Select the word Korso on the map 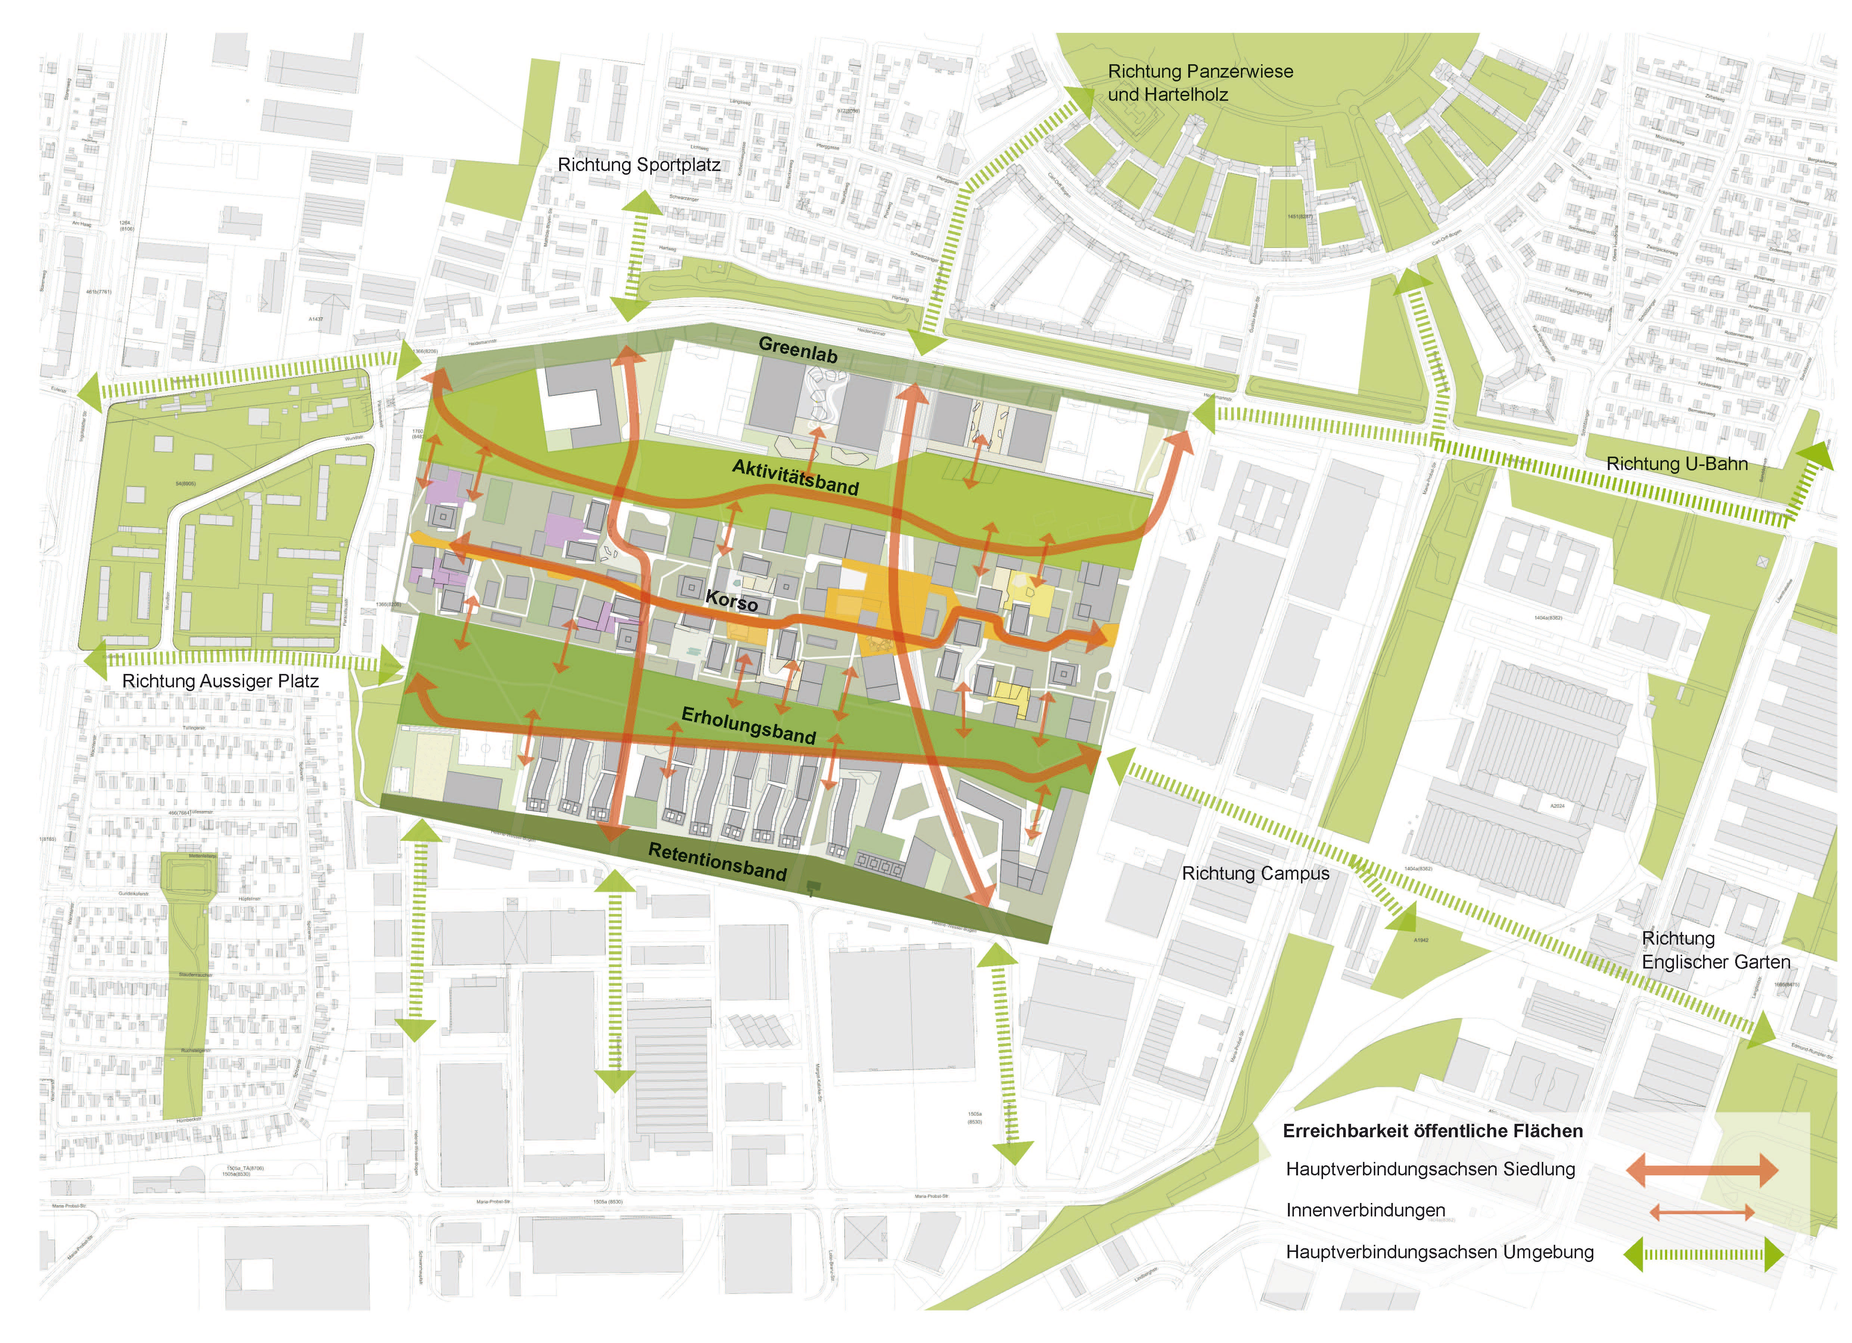coord(732,601)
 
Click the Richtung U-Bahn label coord(1677,464)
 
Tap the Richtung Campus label coord(1255,873)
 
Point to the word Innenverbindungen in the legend coord(1365,1211)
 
